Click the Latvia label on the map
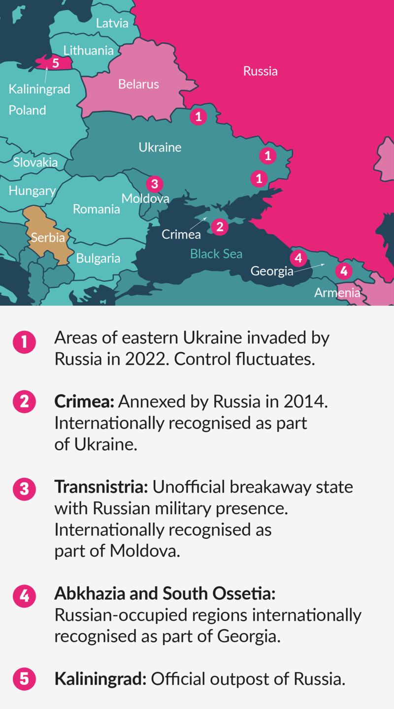[x=112, y=23]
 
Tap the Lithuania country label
[x=89, y=50]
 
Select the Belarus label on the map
[x=138, y=84]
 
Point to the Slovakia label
[x=35, y=162]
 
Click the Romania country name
[x=97, y=209]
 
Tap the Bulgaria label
[x=98, y=258]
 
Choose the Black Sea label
[x=216, y=254]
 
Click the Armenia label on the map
[x=337, y=293]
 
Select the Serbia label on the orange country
[x=48, y=238]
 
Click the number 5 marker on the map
[x=55, y=63]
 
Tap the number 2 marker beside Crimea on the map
[x=220, y=227]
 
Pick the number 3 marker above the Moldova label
[x=154, y=184]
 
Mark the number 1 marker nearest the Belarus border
[x=198, y=117]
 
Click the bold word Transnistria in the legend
[x=101, y=487]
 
